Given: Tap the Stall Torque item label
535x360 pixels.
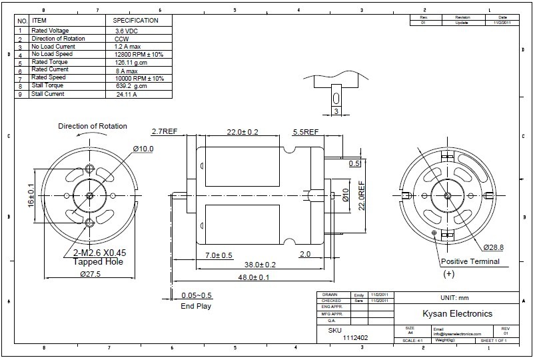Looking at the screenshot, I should click(49, 86).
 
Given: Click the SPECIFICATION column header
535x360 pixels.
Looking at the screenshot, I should click(136, 21).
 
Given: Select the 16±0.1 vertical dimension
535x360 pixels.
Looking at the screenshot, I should click(31, 194).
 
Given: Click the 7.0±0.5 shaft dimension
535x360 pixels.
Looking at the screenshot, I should click(219, 255).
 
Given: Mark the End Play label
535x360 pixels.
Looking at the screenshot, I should click(196, 306).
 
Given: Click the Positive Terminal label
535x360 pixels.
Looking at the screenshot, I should click(470, 262).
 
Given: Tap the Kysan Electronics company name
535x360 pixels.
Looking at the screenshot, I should click(458, 313).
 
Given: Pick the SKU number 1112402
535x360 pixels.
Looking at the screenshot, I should click(356, 338).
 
